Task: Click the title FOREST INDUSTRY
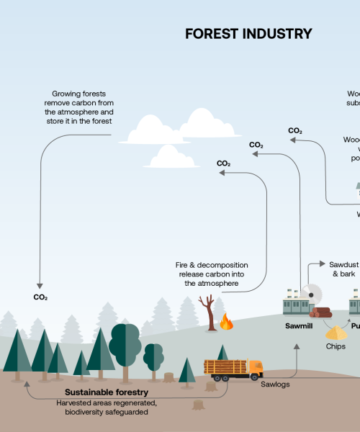click(x=248, y=34)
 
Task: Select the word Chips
click(x=336, y=346)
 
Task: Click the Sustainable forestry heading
click(x=102, y=392)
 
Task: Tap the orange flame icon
click(x=227, y=321)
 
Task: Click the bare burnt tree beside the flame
click(x=210, y=313)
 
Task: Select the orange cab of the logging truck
click(x=254, y=369)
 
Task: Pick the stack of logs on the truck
click(x=226, y=366)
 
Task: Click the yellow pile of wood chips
click(x=336, y=333)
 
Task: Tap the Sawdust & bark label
click(x=339, y=269)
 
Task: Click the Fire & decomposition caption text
click(x=212, y=274)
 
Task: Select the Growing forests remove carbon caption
click(x=79, y=107)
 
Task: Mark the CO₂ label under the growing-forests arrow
click(x=40, y=297)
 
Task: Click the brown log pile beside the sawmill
click(x=320, y=312)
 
